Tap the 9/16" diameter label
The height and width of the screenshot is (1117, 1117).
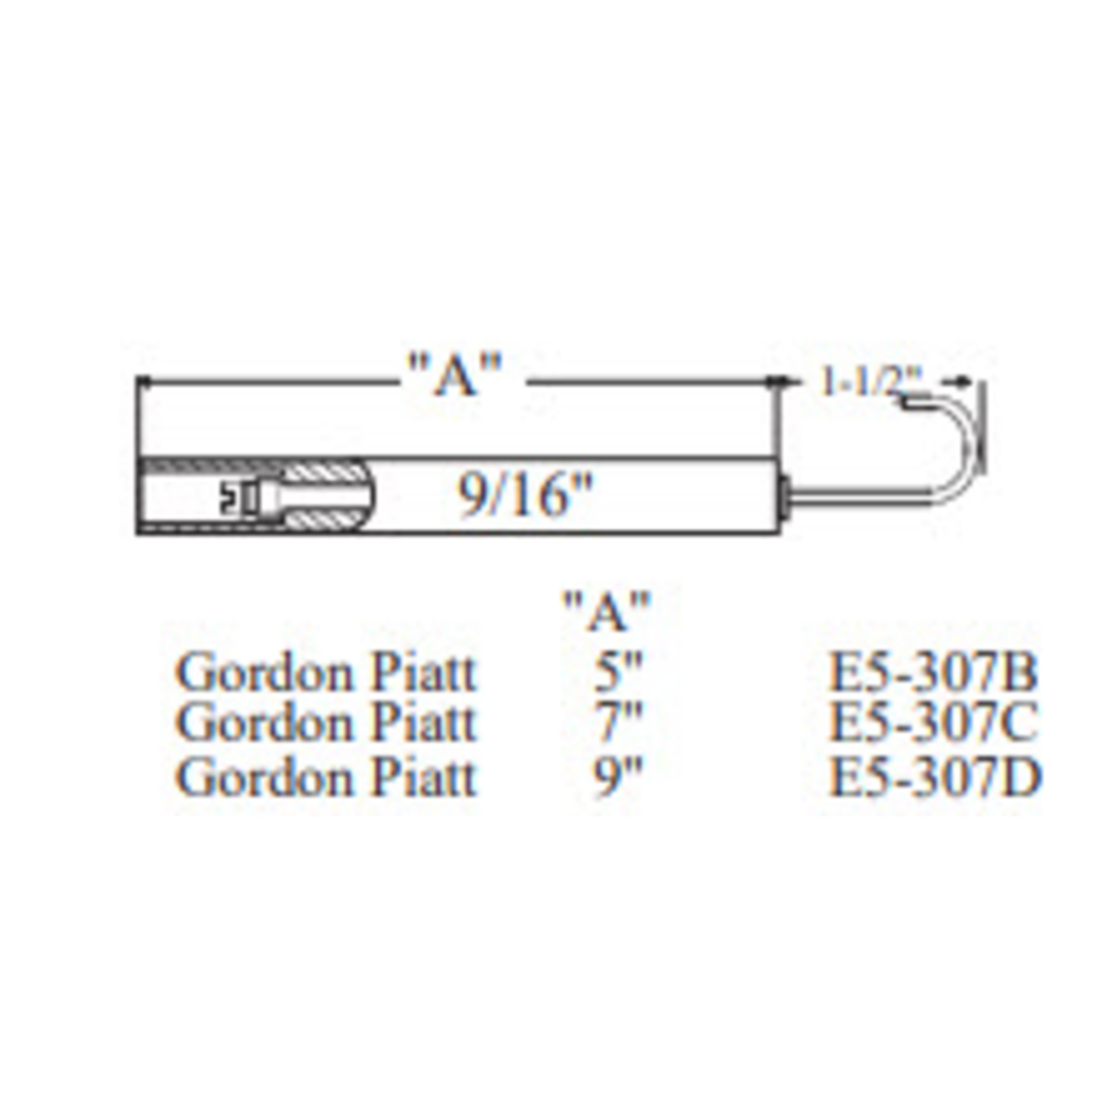pyautogui.click(x=525, y=496)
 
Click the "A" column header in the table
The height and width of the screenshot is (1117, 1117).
pyautogui.click(x=606, y=611)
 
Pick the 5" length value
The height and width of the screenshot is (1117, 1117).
pyautogui.click(x=618, y=673)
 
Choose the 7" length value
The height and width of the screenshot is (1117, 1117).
pyautogui.click(x=618, y=723)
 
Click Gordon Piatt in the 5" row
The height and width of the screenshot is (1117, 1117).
pyautogui.click(x=325, y=673)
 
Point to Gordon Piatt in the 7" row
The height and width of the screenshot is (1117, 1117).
pyautogui.click(x=325, y=723)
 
